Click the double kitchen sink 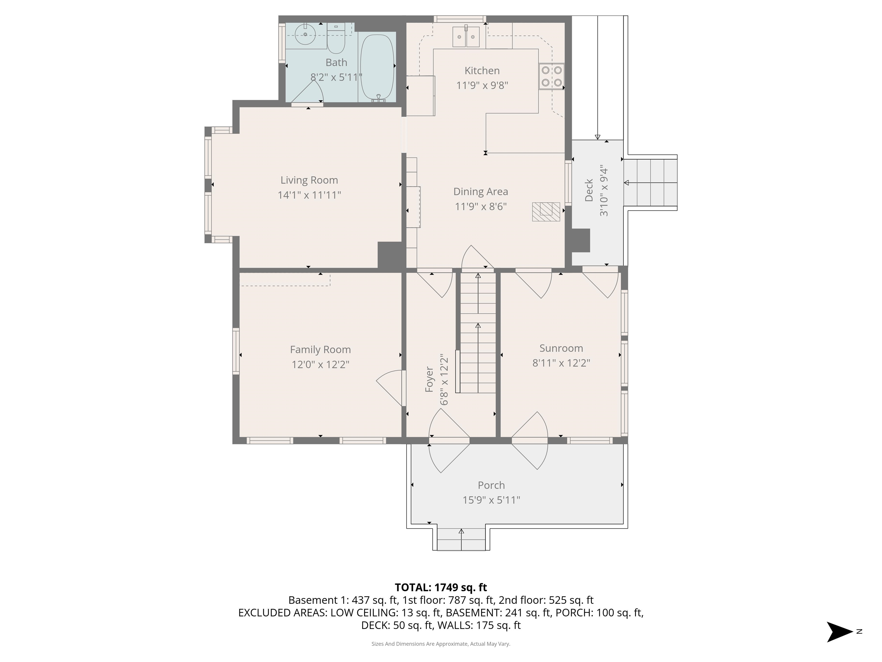coord(466,37)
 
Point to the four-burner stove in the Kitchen coord(552,76)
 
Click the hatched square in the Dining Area coord(546,212)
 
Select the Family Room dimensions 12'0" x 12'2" coord(320,364)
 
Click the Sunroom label coord(561,348)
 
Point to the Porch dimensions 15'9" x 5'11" coord(491,500)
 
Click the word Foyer coord(429,379)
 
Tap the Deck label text coord(589,190)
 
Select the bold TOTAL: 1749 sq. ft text coord(441,587)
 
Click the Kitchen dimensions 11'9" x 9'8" coord(482,85)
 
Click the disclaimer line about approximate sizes coord(441,644)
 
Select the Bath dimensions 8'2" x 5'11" coord(336,77)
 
